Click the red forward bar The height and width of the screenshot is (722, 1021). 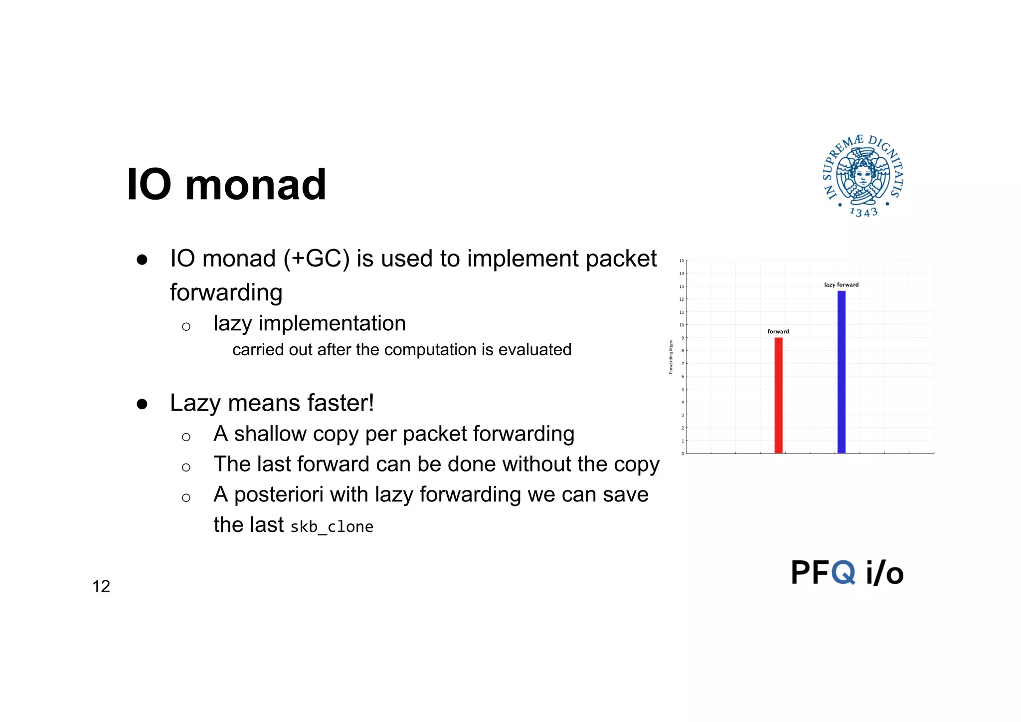pyautogui.click(x=778, y=395)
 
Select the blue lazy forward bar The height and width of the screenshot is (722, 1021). pyautogui.click(x=841, y=372)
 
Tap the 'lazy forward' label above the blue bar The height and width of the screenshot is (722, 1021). pyautogui.click(x=841, y=285)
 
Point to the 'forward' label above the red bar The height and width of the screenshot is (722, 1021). pyautogui.click(x=778, y=332)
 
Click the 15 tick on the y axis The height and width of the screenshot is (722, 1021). pyautogui.click(x=681, y=260)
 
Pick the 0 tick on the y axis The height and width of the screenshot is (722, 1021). pyautogui.click(x=682, y=454)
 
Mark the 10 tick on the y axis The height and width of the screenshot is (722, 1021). pyautogui.click(x=681, y=325)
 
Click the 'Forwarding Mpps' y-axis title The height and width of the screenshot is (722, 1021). pyautogui.click(x=671, y=357)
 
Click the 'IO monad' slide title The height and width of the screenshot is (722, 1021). pyautogui.click(x=227, y=185)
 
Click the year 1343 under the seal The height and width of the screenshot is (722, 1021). pyautogui.click(x=863, y=213)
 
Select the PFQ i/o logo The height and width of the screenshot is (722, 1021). pyautogui.click(x=847, y=572)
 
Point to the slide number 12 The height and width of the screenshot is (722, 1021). pyautogui.click(x=101, y=586)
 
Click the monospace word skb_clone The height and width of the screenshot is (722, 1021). pyautogui.click(x=332, y=526)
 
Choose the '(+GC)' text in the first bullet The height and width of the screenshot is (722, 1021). pyautogui.click(x=317, y=259)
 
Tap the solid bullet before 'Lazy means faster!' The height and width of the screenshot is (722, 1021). pyautogui.click(x=142, y=404)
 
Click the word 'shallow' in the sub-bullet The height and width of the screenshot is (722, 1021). pyautogui.click(x=270, y=434)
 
